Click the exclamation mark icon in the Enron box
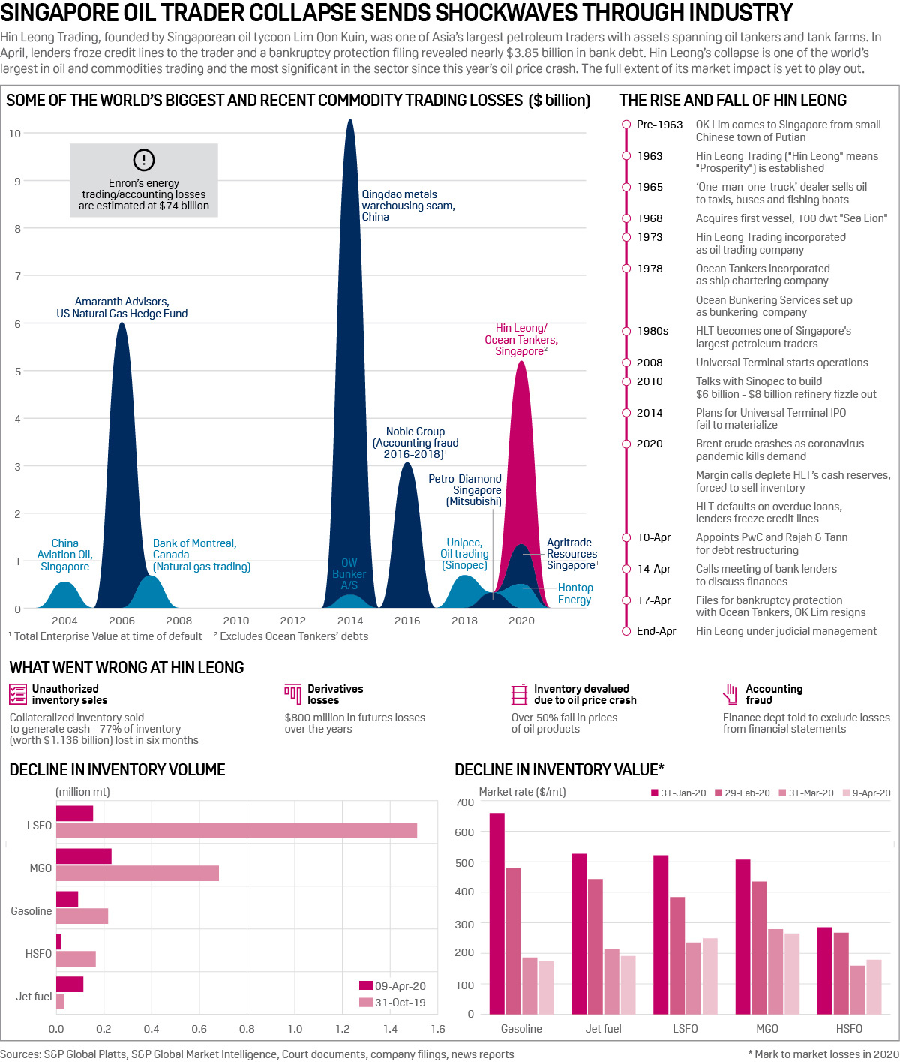pyautogui.click(x=143, y=160)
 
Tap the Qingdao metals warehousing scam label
pyautogui.click(x=407, y=205)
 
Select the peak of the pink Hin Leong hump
pyautogui.click(x=521, y=363)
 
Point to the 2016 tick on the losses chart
pyautogui.click(x=407, y=621)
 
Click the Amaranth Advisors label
pyautogui.click(x=122, y=308)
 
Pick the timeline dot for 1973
pyautogui.click(x=626, y=237)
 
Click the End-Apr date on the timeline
pyautogui.click(x=656, y=631)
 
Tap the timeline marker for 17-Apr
pyautogui.click(x=626, y=600)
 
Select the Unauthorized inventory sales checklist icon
pyautogui.click(x=18, y=694)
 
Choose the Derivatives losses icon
pyautogui.click(x=292, y=693)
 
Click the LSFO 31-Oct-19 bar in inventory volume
pyautogui.click(x=236, y=831)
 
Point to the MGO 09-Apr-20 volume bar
pyautogui.click(x=84, y=856)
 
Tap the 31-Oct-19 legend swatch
pyautogui.click(x=366, y=1003)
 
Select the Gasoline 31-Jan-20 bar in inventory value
pyautogui.click(x=496, y=913)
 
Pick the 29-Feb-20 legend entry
pyautogui.click(x=742, y=793)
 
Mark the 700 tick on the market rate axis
pyautogui.click(x=465, y=802)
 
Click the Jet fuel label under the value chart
pyautogui.click(x=603, y=1029)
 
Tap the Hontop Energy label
pyautogui.click(x=575, y=594)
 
